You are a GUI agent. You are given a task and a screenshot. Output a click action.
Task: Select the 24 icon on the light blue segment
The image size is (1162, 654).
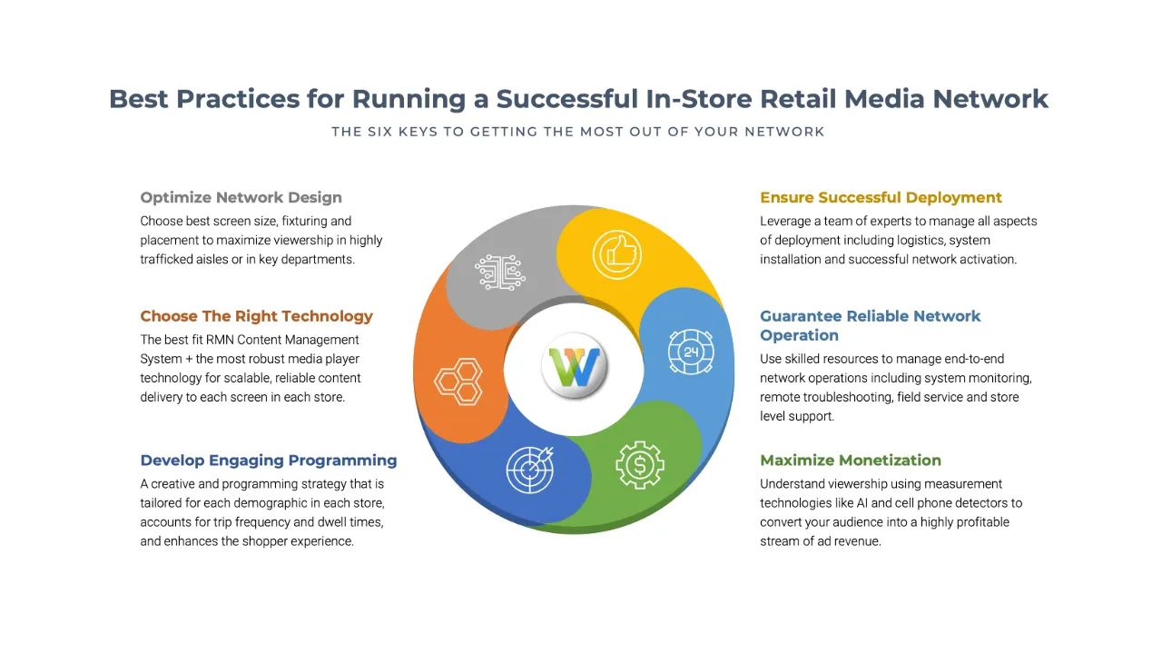tap(691, 352)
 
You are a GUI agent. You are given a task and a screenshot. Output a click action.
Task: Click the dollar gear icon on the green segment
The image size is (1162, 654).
tap(639, 465)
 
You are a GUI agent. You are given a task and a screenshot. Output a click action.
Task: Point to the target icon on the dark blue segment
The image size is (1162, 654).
tap(529, 470)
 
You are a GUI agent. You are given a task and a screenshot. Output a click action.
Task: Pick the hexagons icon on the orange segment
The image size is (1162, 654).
tap(458, 382)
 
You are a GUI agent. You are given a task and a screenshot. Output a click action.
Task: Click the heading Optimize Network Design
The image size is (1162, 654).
tap(241, 197)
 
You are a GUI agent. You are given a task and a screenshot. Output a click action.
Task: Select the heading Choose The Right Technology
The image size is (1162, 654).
tap(256, 316)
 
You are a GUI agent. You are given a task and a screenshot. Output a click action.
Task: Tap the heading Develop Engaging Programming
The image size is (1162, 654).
tap(268, 460)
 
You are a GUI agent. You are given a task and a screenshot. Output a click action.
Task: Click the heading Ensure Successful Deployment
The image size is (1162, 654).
tap(881, 197)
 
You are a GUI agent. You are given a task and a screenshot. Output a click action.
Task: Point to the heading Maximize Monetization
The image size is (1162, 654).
tap(851, 460)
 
